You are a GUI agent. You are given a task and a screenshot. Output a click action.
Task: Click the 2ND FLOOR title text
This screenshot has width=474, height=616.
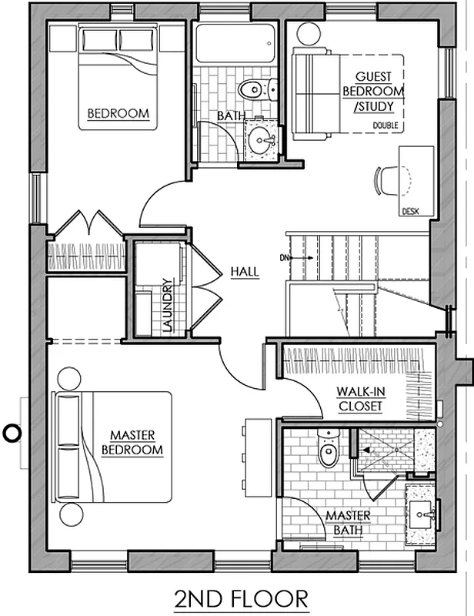pos(241,598)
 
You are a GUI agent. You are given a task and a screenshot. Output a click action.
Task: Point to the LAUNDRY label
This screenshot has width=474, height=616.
pos(166,305)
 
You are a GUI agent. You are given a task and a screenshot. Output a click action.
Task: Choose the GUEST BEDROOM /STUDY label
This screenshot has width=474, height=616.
pos(373,91)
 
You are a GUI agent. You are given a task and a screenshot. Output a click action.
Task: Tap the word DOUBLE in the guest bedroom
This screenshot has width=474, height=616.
pos(386,125)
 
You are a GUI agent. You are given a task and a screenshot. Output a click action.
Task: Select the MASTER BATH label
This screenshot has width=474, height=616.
pos(348,522)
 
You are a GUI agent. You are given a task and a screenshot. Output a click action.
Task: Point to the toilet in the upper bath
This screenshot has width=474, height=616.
pos(251,90)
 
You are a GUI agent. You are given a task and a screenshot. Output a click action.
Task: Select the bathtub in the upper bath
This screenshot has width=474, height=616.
pos(235,45)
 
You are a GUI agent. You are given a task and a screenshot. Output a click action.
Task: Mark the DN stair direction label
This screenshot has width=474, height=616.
pos(285,256)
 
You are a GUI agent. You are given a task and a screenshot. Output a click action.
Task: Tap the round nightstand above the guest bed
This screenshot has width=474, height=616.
pos(308,34)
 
